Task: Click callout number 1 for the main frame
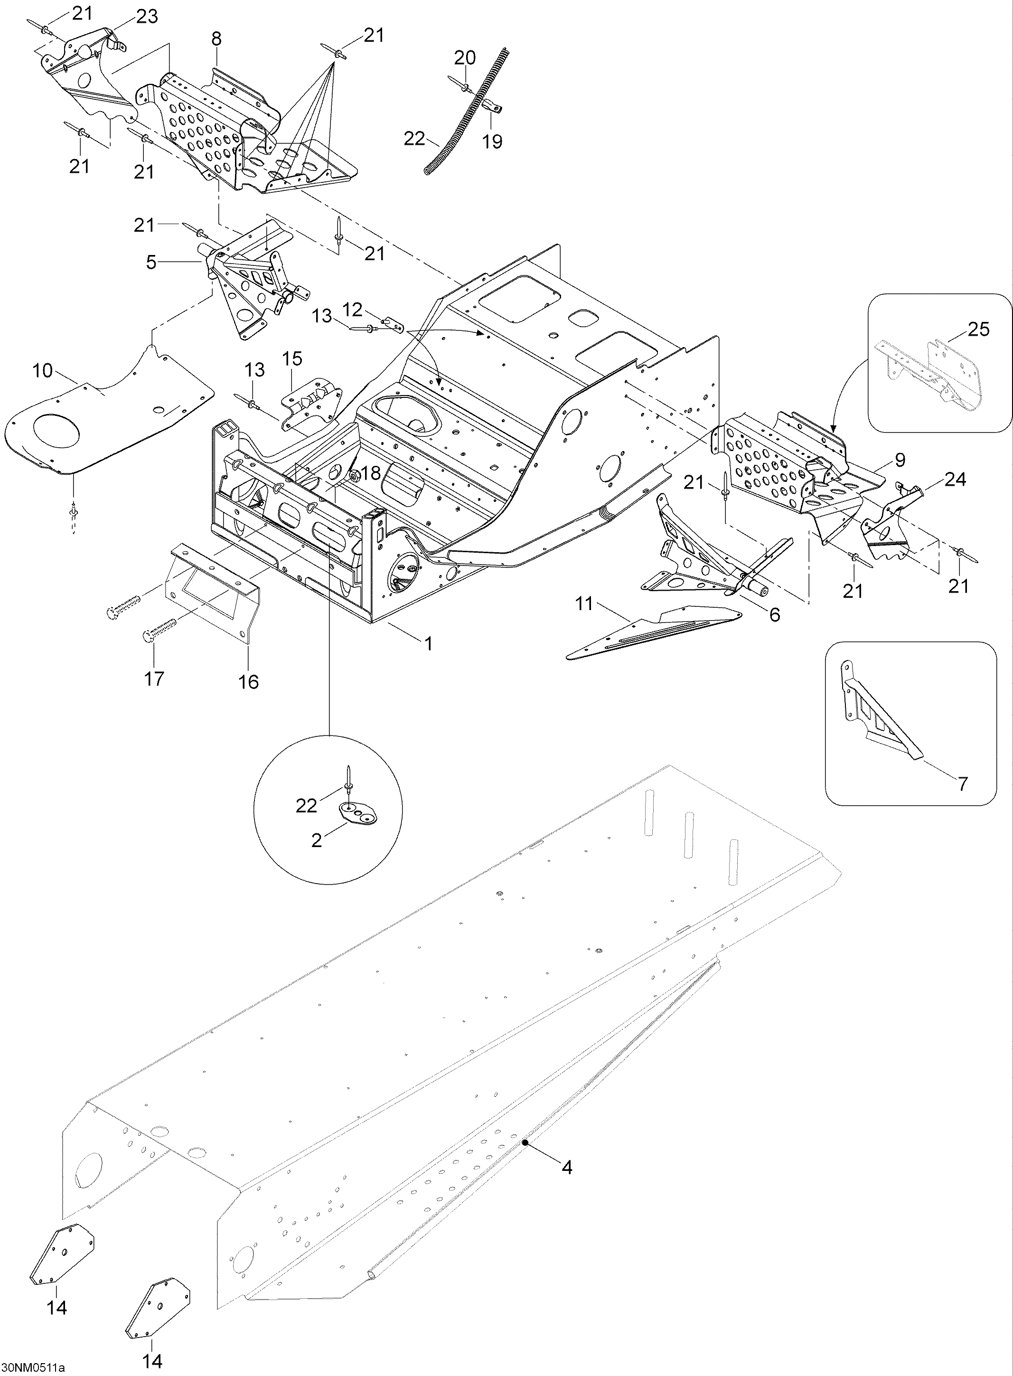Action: pos(429,643)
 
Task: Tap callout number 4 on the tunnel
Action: pos(567,1167)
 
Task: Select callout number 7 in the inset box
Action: pos(963,783)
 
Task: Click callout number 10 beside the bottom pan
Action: pos(42,370)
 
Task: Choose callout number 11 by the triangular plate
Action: pos(584,604)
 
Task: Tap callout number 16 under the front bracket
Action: pos(248,681)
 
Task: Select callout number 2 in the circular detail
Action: pos(317,839)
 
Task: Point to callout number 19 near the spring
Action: pos(492,141)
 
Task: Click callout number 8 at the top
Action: pos(216,38)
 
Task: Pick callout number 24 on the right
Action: pos(955,479)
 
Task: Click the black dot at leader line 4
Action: pos(525,1142)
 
